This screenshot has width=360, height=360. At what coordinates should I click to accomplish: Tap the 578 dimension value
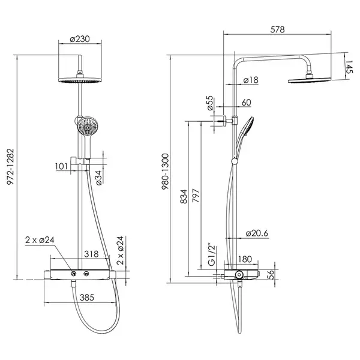pyautogui.click(x=277, y=29)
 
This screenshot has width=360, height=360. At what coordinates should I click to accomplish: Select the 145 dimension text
pyautogui.click(x=349, y=67)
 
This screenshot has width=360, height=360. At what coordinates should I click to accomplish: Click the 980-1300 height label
pyautogui.click(x=166, y=172)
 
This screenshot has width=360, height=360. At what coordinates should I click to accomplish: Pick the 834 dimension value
pyautogui.click(x=184, y=197)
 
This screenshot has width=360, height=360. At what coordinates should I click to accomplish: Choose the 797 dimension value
pyautogui.click(x=196, y=196)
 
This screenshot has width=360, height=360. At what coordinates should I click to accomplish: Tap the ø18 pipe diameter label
pyautogui.click(x=251, y=80)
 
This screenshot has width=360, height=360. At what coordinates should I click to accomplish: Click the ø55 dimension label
pyautogui.click(x=211, y=103)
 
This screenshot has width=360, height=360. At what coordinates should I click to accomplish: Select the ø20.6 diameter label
pyautogui.click(x=257, y=233)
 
